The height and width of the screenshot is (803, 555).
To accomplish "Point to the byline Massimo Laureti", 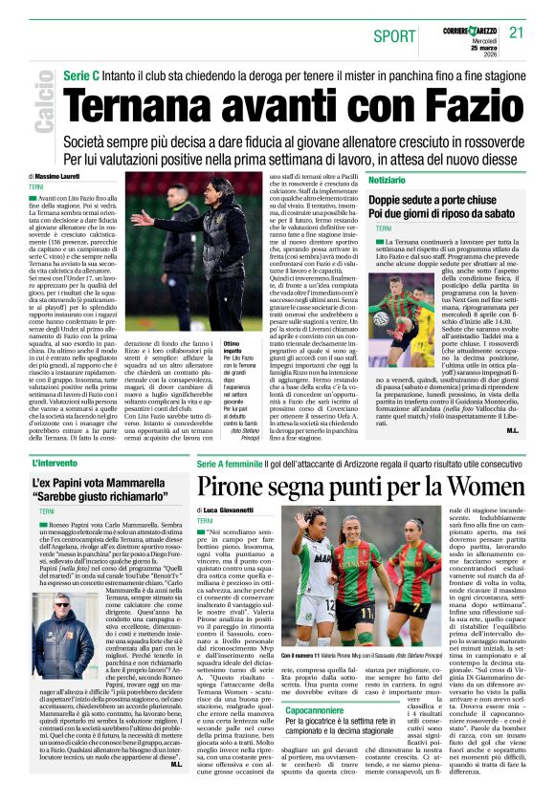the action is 60,177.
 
